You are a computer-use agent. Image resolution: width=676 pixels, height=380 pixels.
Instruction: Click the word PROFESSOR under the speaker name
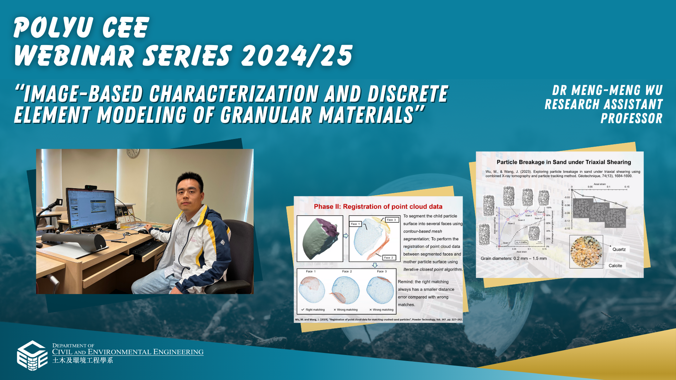(x=631, y=119)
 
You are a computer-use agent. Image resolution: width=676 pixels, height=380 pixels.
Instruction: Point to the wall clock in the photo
(x=132, y=153)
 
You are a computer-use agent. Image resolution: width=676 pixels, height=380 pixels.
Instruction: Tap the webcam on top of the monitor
(x=90, y=187)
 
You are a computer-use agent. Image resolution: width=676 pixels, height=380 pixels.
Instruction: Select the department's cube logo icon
(x=32, y=355)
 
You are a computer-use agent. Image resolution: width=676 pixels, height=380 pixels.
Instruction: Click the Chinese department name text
(x=83, y=360)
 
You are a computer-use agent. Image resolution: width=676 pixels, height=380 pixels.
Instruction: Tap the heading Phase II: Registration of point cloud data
(x=378, y=207)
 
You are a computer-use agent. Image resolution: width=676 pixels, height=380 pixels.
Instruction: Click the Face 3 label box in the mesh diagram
(x=391, y=220)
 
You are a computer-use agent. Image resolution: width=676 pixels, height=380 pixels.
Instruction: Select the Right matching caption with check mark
(x=313, y=310)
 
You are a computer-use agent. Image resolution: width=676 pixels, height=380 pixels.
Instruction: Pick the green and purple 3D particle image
(x=320, y=238)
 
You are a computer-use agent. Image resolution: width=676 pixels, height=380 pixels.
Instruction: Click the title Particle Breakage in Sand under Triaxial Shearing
(x=563, y=162)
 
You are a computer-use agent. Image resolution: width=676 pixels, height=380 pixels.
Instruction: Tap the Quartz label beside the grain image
(x=619, y=249)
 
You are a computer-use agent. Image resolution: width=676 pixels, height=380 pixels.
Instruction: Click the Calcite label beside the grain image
(x=615, y=266)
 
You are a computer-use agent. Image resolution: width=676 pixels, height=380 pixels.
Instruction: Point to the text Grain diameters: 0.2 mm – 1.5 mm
(x=513, y=258)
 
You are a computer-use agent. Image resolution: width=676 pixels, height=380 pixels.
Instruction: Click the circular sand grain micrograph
(x=586, y=252)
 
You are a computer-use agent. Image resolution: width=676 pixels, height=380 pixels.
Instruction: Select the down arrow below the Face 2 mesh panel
(x=375, y=265)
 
